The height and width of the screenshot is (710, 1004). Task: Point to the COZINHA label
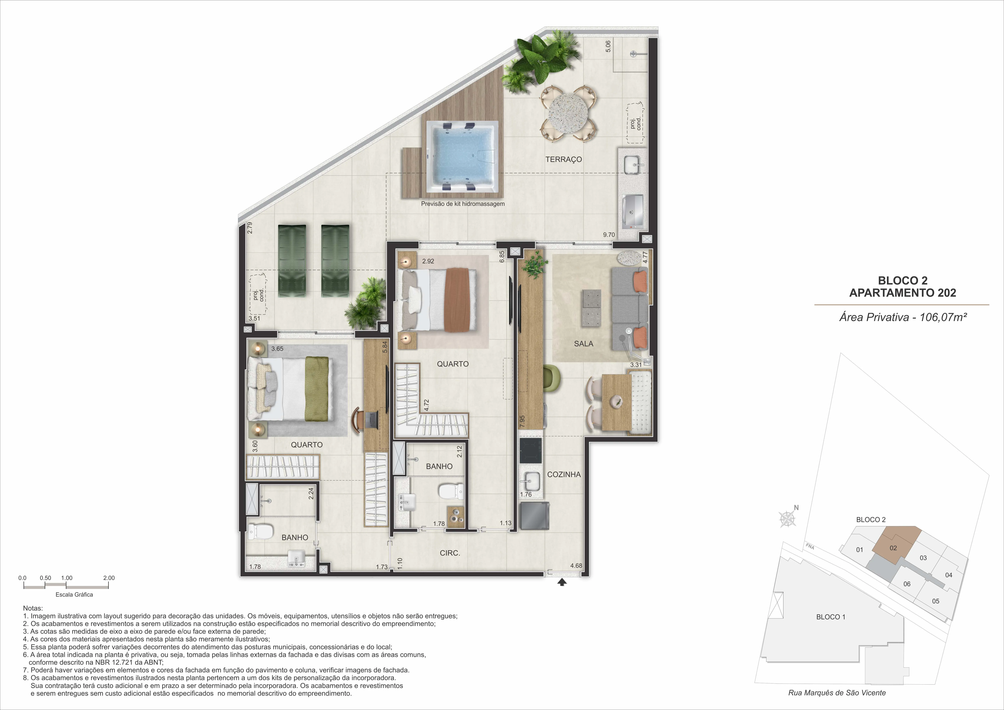point(564,474)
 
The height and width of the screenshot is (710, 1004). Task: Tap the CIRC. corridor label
point(450,553)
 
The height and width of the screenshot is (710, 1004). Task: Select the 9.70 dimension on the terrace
point(609,235)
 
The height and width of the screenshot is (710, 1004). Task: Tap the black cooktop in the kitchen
point(530,451)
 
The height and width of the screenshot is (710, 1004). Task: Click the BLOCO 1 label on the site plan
point(831,617)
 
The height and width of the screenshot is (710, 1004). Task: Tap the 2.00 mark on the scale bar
point(109,578)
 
